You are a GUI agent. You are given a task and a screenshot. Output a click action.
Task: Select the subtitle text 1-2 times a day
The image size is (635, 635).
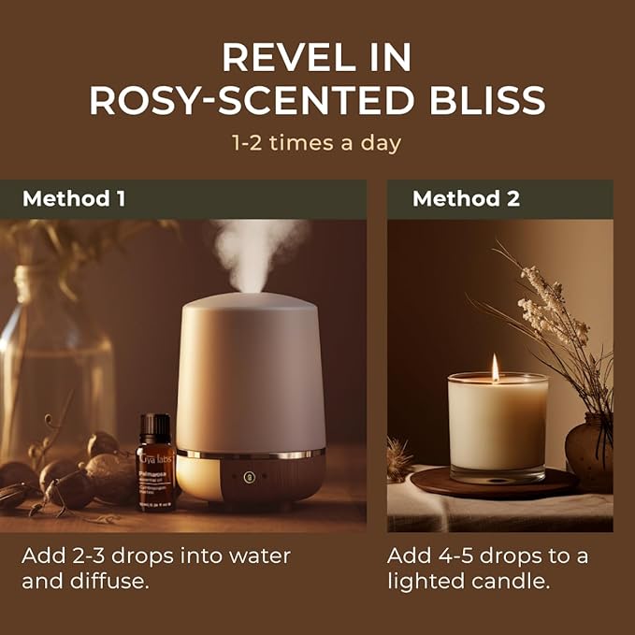coord(316,143)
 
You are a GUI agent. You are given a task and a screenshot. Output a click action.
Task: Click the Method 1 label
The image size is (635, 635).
coord(74,199)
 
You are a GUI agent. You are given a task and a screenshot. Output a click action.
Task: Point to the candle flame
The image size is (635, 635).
coord(496,368)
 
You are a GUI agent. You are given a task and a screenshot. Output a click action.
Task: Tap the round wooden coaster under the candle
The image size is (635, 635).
coord(496,484)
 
